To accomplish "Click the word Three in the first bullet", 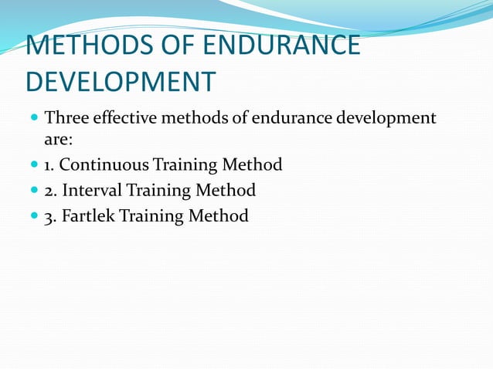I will click(x=67, y=119).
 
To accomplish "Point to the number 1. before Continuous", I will click(x=50, y=164).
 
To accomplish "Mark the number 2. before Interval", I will click(x=52, y=190).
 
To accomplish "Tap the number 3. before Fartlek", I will click(x=52, y=215).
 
